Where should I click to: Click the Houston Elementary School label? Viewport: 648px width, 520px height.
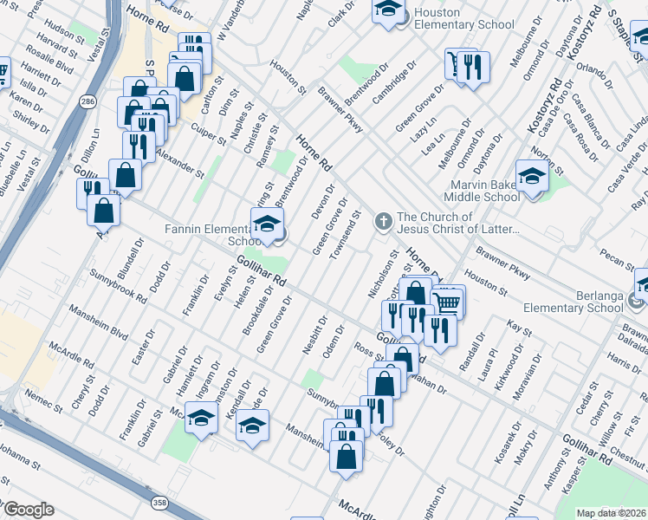[463, 18]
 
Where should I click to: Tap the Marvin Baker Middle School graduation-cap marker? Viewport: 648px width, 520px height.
[531, 177]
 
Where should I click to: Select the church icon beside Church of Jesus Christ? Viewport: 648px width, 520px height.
[383, 223]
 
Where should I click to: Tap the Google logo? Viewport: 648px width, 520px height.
[29, 510]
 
